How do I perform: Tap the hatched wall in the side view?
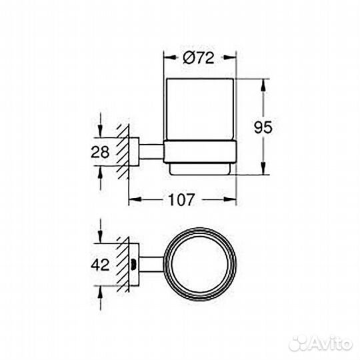click(x=123, y=151)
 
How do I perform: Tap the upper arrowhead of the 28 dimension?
click(x=100, y=133)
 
